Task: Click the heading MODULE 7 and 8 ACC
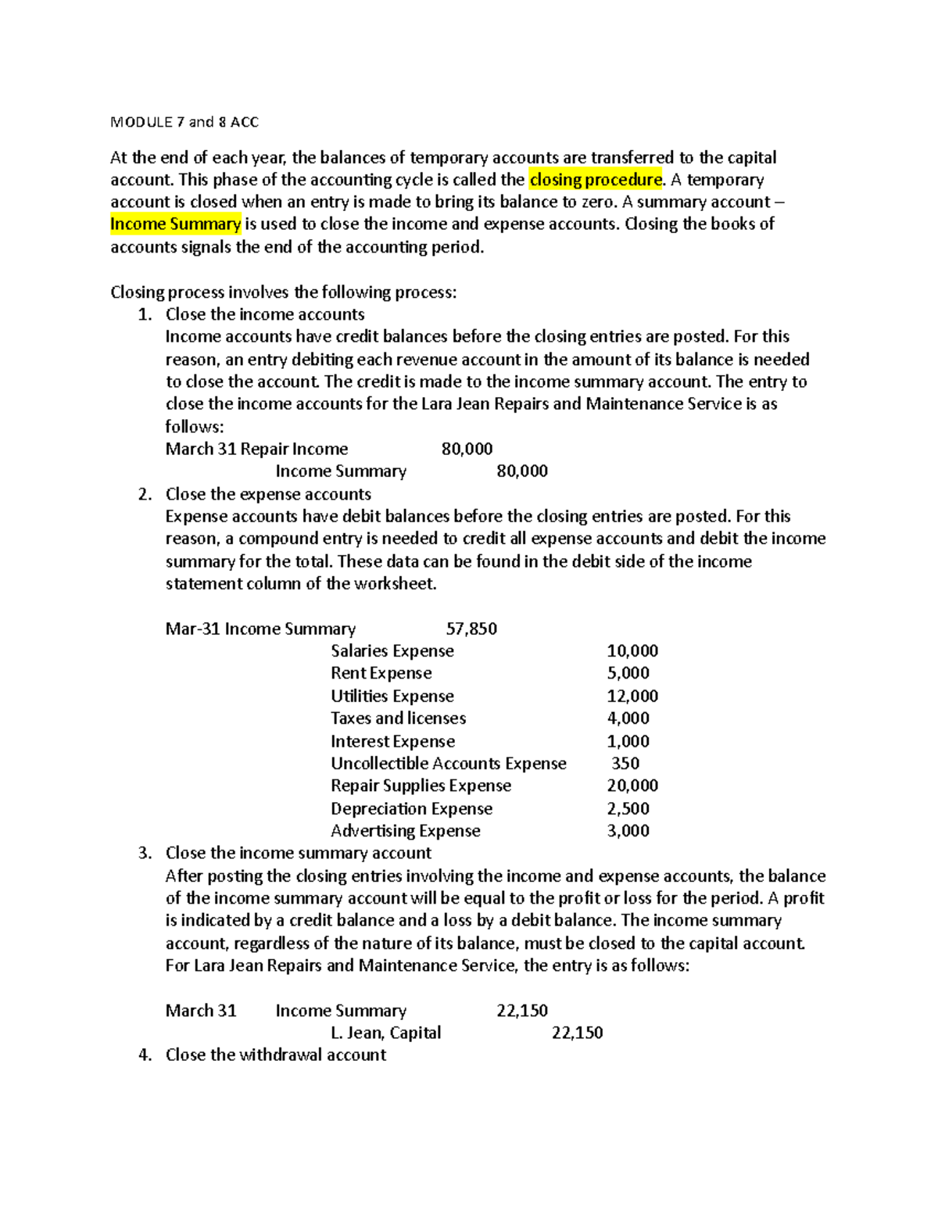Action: (184, 122)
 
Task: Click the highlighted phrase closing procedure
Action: (596, 180)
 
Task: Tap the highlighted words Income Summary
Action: (176, 224)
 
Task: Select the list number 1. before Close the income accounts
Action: (145, 314)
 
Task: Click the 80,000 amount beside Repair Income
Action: (467, 449)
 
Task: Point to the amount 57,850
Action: (471, 628)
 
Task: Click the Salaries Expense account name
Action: (392, 651)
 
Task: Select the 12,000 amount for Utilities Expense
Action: (632, 696)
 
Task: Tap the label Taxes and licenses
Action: (398, 718)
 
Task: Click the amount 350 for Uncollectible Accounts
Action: (625, 763)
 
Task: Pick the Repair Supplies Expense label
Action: (421, 786)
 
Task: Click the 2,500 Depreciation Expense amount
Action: (628, 808)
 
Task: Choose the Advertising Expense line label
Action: (405, 831)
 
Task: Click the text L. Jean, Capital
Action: (385, 1033)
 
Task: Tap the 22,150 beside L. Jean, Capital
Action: (577, 1033)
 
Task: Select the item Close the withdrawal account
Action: (275, 1055)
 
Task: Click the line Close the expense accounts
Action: (268, 494)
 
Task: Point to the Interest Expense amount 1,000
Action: (628, 741)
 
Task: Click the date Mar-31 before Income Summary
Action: (192, 628)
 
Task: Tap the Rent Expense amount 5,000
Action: (628, 673)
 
